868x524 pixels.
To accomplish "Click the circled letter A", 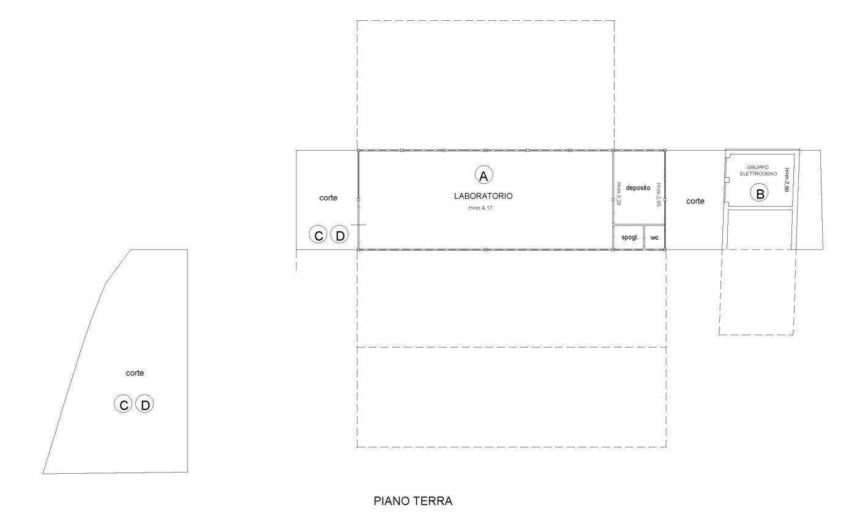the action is [484, 175].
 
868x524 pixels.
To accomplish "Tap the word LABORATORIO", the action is [483, 196].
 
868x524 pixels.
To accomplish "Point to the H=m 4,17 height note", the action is [481, 208].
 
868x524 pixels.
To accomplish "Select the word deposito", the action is [638, 188].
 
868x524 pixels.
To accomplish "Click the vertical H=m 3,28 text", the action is [618, 194].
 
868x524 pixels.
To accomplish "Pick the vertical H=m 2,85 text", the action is [659, 195].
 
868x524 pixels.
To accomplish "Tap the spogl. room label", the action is [630, 237].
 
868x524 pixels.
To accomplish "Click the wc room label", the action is [654, 238].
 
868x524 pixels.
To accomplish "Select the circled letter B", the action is [760, 193].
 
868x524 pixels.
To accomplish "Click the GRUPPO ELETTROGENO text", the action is [758, 170].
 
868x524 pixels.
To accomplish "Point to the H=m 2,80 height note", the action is [787, 180].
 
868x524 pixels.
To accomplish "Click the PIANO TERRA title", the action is [413, 501].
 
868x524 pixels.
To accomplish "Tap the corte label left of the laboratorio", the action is [328, 198].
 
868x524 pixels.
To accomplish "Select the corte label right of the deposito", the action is [695, 201].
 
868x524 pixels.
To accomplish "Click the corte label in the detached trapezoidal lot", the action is [135, 373].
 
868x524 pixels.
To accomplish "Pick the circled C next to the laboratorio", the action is [318, 235].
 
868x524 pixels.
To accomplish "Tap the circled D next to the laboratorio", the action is [340, 235].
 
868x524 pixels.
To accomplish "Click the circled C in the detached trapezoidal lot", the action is [123, 404].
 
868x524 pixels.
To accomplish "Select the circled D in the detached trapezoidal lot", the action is [145, 404].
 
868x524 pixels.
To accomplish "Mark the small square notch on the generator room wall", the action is [727, 180].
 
